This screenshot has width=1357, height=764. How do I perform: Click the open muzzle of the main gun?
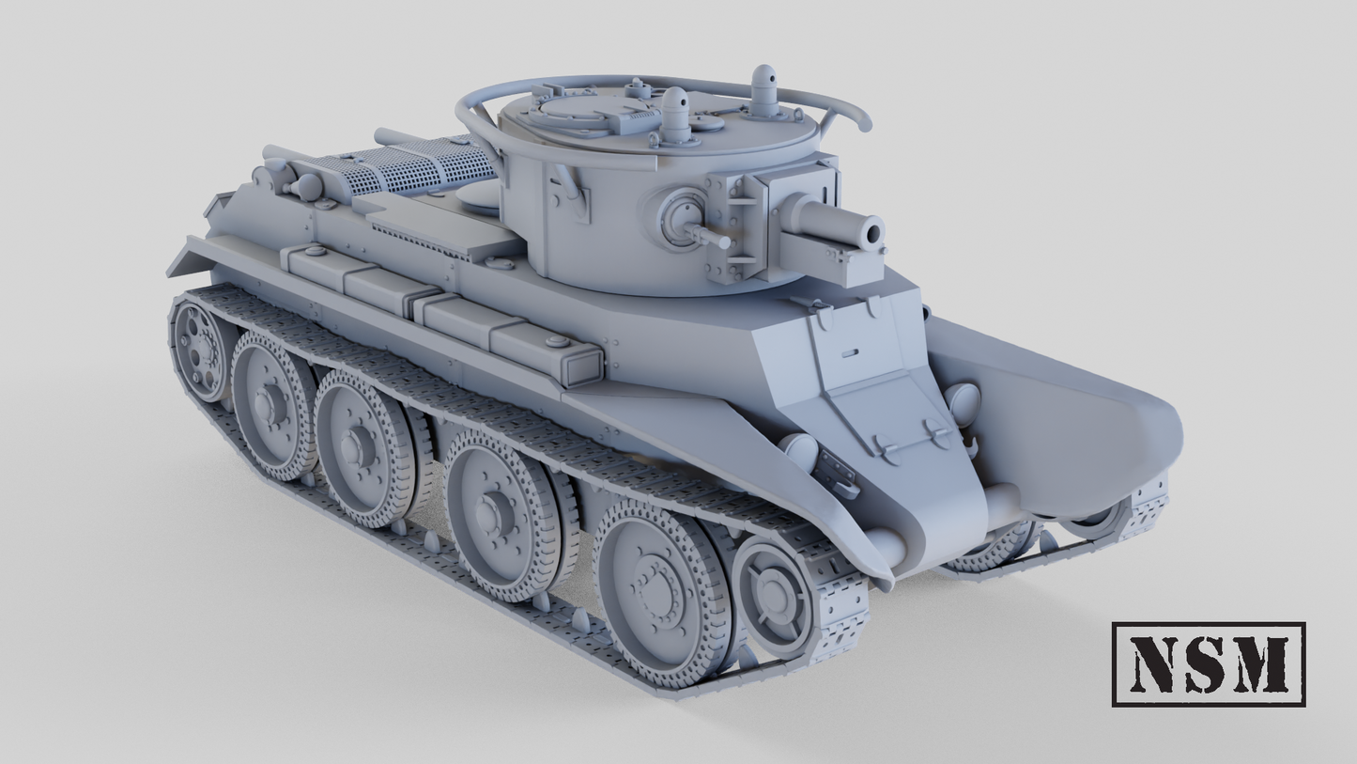[873, 232]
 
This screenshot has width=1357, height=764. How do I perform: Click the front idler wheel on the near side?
[774, 595]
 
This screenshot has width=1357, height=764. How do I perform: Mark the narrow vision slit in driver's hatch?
[850, 354]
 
